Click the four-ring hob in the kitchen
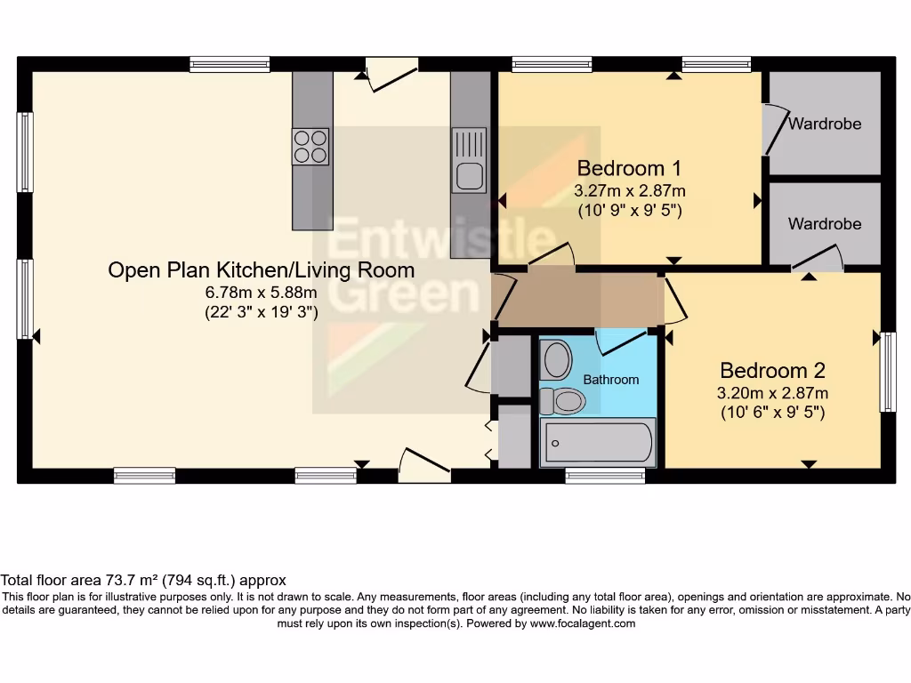point(310,147)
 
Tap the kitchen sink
point(469,160)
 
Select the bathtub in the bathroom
point(598,442)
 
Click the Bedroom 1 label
point(629,168)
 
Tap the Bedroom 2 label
point(772,370)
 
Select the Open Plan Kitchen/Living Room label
point(261,269)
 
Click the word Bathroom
point(610,380)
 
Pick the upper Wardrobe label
point(825,124)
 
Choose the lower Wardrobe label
point(825,223)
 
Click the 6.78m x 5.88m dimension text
point(261,293)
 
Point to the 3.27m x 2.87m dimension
point(629,191)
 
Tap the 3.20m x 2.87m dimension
point(772,393)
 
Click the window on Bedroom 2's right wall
point(887,372)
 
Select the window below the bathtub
point(605,477)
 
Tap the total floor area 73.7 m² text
point(143,581)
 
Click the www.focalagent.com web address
point(583,623)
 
